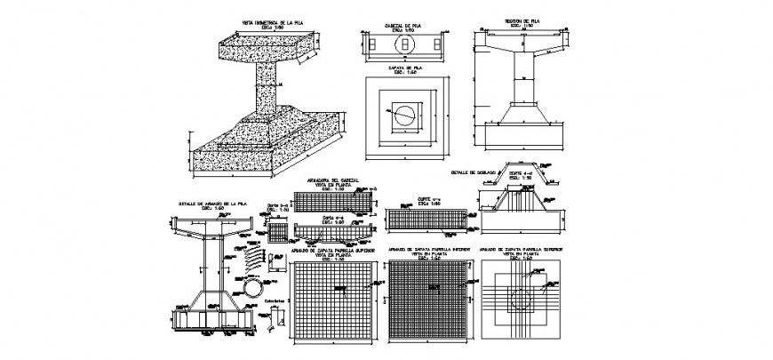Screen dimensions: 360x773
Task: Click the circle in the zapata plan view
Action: [x=403, y=114]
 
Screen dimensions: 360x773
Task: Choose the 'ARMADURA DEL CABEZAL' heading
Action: [x=333, y=180]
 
